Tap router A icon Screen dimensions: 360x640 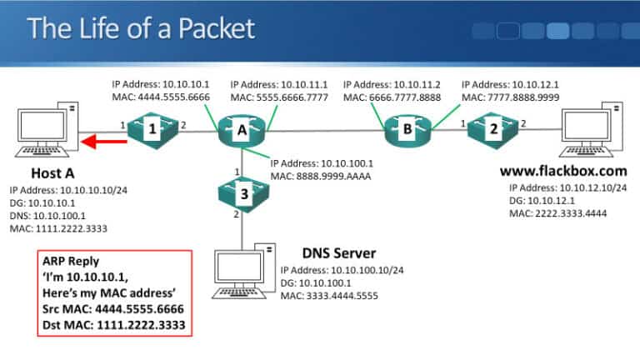click(241, 130)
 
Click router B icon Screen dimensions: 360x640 click(407, 130)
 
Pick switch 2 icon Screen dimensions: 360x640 click(493, 130)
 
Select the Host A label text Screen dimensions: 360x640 click(57, 173)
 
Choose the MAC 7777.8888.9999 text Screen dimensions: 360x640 click(510, 98)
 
